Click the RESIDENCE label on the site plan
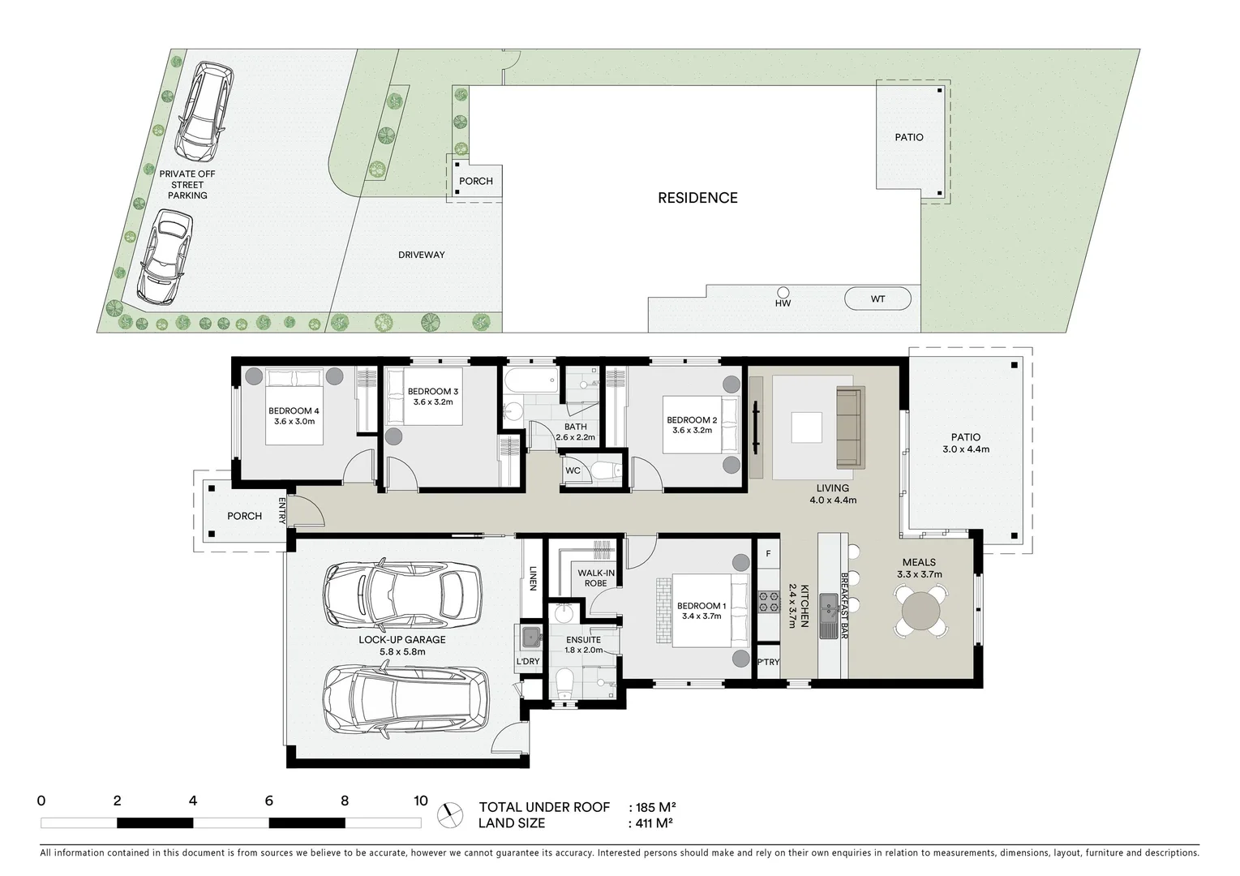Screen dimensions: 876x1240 pyautogui.click(x=697, y=198)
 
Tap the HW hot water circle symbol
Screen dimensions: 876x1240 pyautogui.click(x=783, y=292)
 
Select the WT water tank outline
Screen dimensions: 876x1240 pyautogui.click(x=877, y=298)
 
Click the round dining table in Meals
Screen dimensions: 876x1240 pyautogui.click(x=920, y=612)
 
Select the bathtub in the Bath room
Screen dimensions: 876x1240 pyautogui.click(x=530, y=380)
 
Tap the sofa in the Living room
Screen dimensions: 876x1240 pyautogui.click(x=850, y=427)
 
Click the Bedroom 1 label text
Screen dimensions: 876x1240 pyautogui.click(x=702, y=606)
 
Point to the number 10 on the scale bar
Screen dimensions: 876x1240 pyautogui.click(x=420, y=801)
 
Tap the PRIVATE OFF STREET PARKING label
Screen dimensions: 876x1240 pyautogui.click(x=187, y=184)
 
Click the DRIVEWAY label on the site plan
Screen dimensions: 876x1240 pyautogui.click(x=421, y=255)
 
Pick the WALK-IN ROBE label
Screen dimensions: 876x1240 pyautogui.click(x=596, y=578)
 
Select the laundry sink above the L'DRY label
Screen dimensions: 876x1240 pyautogui.click(x=530, y=637)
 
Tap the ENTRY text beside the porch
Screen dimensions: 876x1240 pyautogui.click(x=282, y=511)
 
